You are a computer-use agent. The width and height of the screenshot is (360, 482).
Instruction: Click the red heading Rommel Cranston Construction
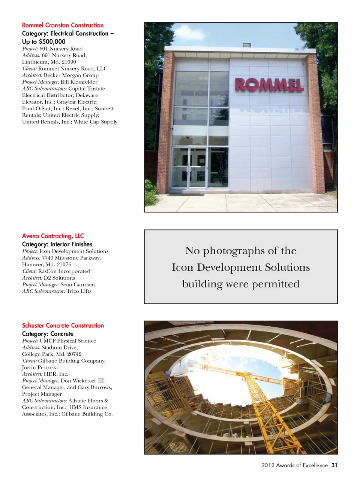point(63,25)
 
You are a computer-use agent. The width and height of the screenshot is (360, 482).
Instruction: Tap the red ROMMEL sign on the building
point(269,85)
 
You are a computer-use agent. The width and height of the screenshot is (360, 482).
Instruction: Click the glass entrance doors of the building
point(189,167)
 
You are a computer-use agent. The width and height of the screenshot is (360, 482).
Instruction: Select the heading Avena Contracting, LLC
point(53,236)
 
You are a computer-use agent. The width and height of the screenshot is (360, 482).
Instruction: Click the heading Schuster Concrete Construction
point(63,325)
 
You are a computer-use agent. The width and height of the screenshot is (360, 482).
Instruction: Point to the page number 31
point(334,465)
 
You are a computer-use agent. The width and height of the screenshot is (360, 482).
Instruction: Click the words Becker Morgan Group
point(71,75)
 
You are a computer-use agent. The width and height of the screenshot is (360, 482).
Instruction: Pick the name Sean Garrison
point(78,285)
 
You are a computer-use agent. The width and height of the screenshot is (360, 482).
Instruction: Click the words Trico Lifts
point(79,291)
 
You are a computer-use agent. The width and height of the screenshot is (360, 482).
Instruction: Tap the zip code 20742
point(74,354)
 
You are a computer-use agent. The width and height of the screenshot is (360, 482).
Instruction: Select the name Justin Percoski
point(40,367)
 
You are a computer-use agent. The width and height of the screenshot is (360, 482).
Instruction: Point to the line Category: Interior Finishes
point(57,244)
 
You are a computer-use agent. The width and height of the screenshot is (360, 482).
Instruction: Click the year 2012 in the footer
point(268,465)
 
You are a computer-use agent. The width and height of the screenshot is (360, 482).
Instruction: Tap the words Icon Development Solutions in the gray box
point(241,267)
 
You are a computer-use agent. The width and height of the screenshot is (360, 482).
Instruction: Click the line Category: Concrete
point(48,334)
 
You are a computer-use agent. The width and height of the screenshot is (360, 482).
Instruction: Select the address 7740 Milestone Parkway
point(71,258)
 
